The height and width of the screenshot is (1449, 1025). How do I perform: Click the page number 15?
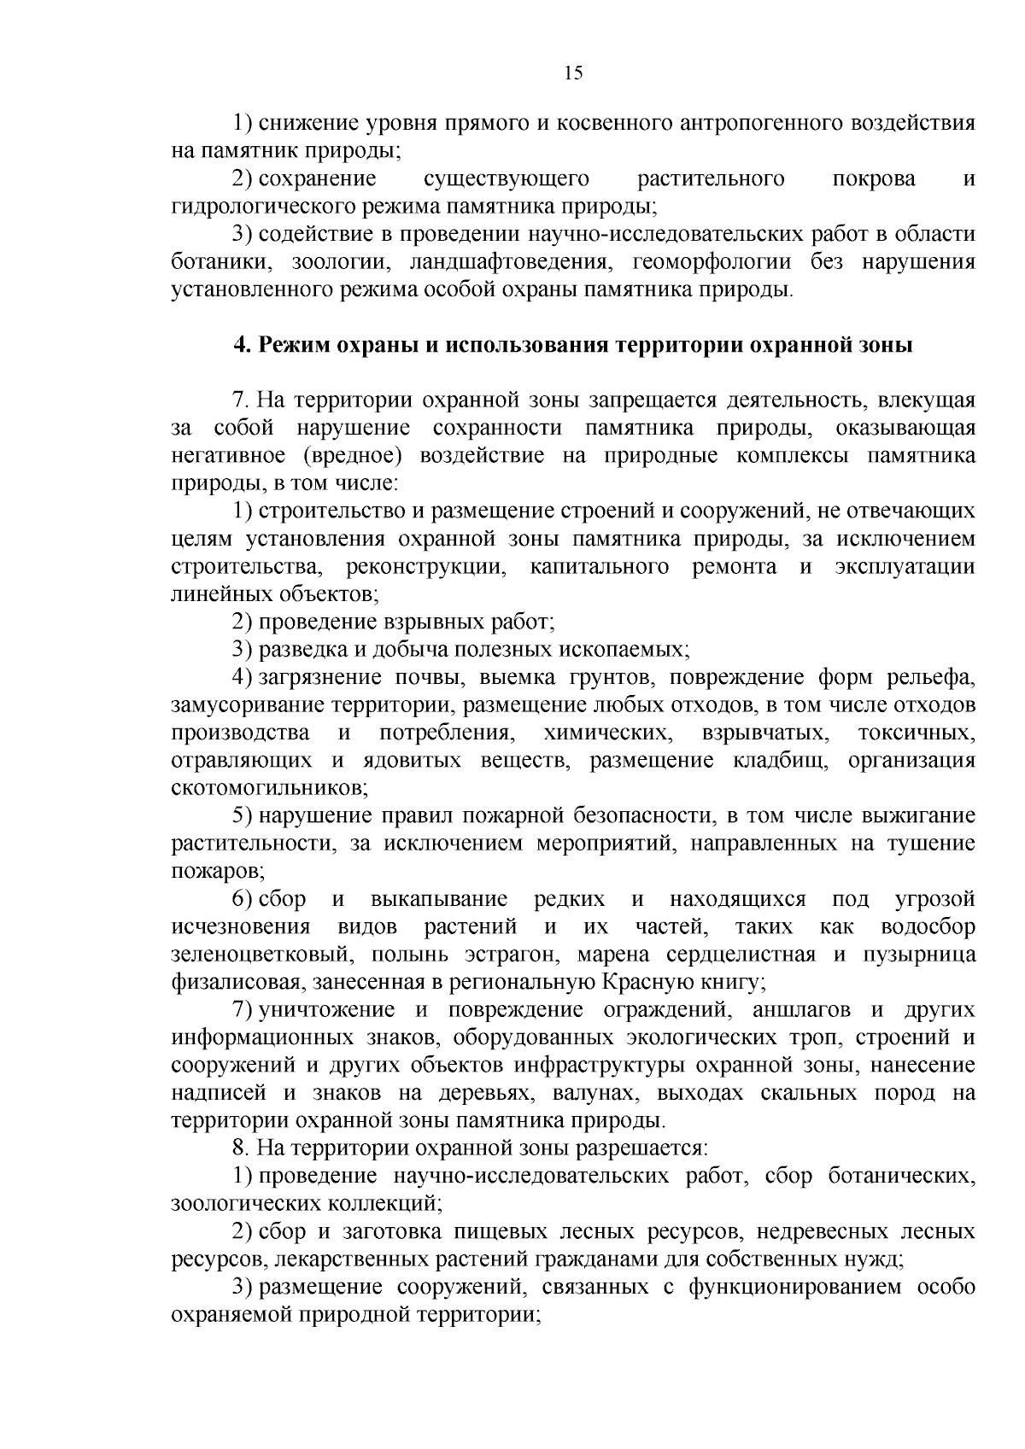point(573,73)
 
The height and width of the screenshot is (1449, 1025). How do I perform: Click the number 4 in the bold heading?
point(240,345)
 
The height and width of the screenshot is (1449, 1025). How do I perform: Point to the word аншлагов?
point(802,1010)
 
